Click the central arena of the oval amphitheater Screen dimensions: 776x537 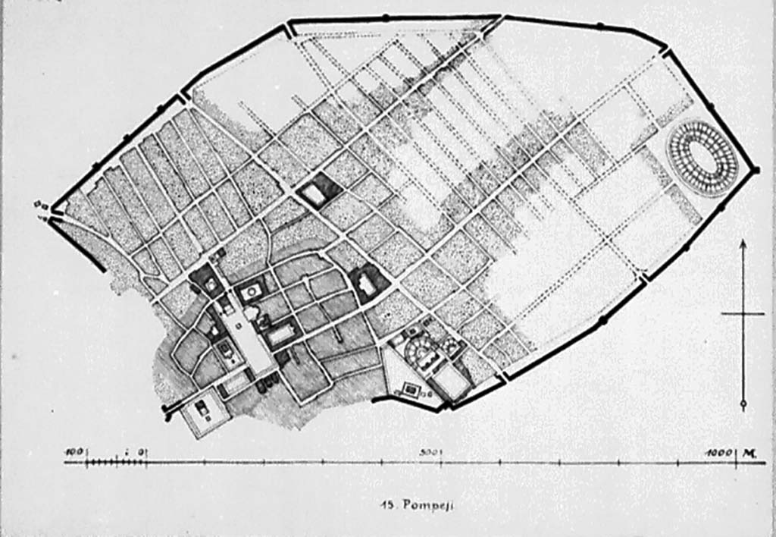click(702, 159)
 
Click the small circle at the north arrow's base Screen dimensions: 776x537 click(743, 403)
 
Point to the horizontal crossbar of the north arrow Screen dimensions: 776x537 click(743, 313)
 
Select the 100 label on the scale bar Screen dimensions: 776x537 click(74, 452)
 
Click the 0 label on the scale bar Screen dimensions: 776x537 click(141, 452)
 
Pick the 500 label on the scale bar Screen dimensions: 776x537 click(430, 452)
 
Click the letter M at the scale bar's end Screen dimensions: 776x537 click(748, 453)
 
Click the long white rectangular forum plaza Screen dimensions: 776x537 click(251, 334)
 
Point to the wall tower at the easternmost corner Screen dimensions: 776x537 click(756, 170)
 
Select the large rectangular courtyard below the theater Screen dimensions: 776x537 click(452, 383)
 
